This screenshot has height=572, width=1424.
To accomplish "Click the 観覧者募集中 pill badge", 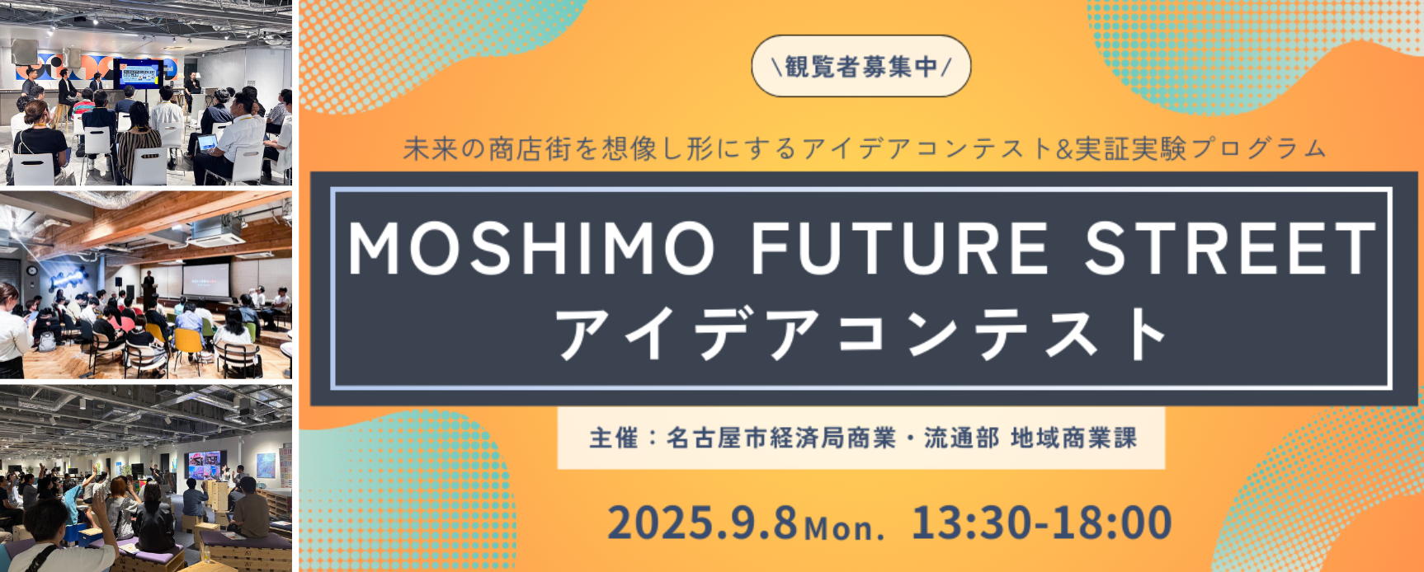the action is [x=861, y=66].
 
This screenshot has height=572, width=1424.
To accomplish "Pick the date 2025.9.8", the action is [x=703, y=523].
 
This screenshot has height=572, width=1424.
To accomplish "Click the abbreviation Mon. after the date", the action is [x=844, y=527].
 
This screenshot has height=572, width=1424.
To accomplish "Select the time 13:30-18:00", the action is [x=1042, y=523].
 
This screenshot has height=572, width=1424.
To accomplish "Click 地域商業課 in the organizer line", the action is [x=1073, y=438].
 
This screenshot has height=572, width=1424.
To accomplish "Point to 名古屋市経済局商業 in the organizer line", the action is [x=780, y=438].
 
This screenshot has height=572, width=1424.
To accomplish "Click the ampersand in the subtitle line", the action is [x=1063, y=149].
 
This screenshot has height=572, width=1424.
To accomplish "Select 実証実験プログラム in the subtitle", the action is [x=1200, y=149].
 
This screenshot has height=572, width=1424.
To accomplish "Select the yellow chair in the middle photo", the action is [x=190, y=342].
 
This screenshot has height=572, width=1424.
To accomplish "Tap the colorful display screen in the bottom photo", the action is [x=205, y=464].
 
